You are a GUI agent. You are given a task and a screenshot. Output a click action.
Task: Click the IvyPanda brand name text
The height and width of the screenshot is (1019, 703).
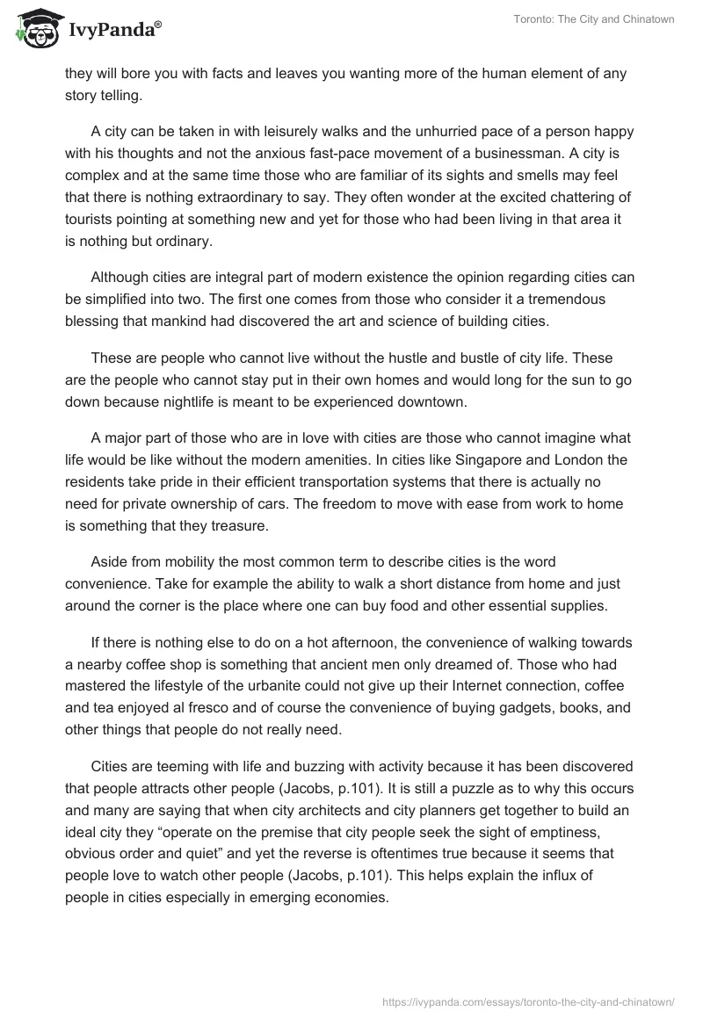click(114, 30)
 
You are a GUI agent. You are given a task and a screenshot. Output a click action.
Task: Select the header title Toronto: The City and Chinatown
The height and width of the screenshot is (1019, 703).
click(594, 19)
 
